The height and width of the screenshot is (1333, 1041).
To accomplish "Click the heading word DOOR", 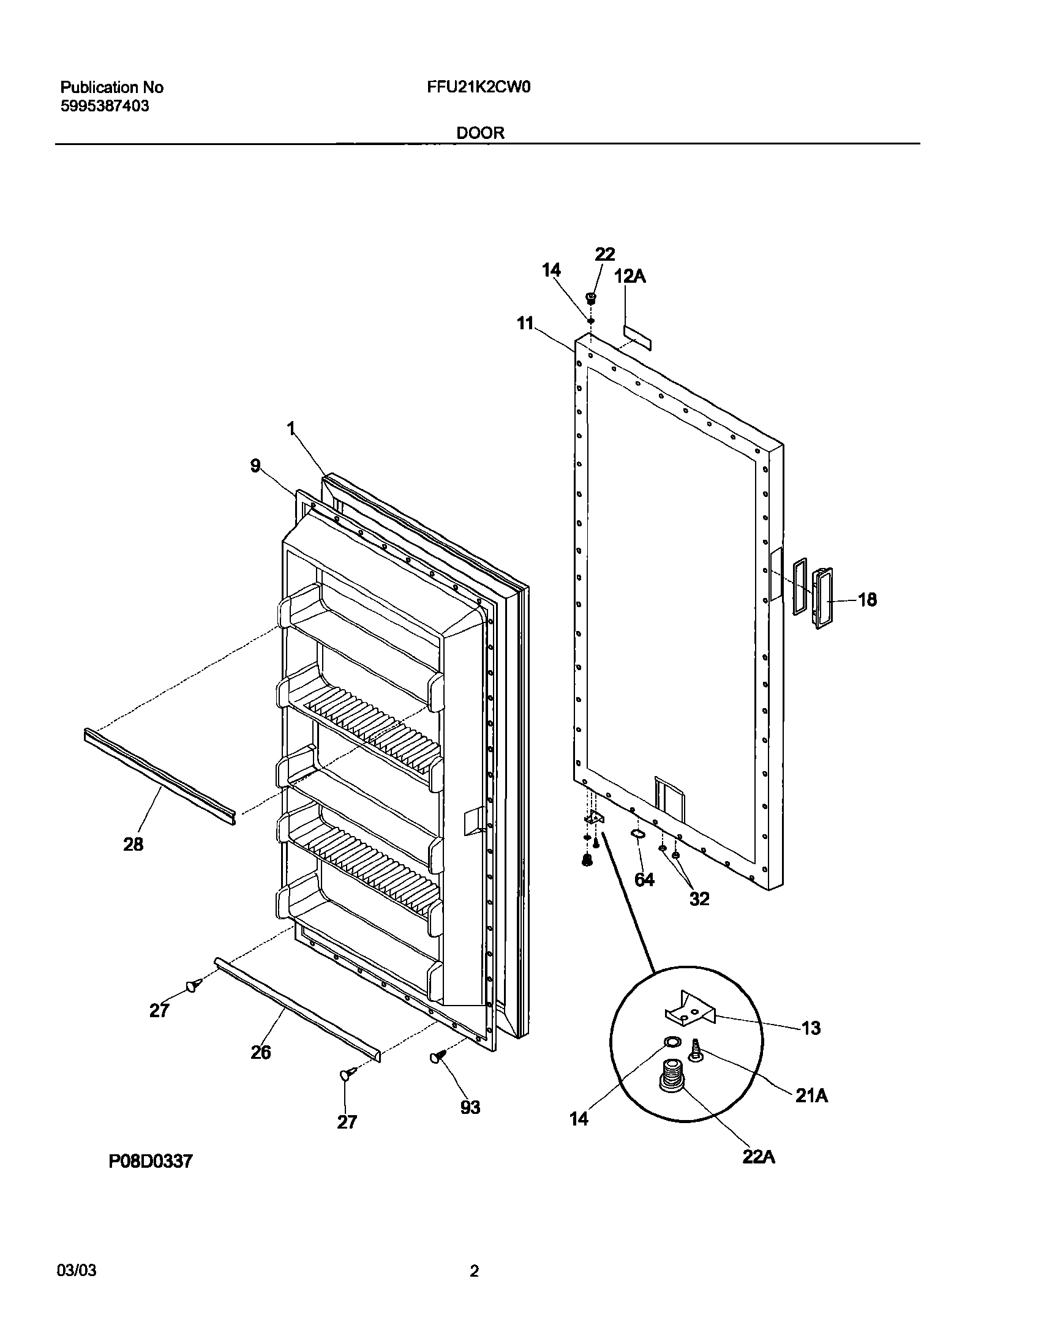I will pos(480,133).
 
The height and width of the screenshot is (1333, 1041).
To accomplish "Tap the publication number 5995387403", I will pos(105,106).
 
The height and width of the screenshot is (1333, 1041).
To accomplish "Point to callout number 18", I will pos(867,600).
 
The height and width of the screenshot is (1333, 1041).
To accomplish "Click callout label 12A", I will pos(630,277).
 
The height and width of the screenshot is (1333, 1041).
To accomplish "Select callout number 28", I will pos(133,845).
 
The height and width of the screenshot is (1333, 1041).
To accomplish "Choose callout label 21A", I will pos(811,1096).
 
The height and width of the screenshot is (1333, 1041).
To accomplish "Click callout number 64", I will pos(645,879).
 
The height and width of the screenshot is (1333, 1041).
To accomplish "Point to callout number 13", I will pos(811,1028).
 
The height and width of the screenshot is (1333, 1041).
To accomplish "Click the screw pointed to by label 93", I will pos(436,1057).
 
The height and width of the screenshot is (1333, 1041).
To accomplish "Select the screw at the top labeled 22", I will pos(592,299).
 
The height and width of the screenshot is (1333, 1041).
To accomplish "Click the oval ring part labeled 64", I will pos(636,834).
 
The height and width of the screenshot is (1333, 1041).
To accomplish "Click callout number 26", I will pos(261,1053).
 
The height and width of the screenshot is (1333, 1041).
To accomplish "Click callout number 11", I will pos(525,323).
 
